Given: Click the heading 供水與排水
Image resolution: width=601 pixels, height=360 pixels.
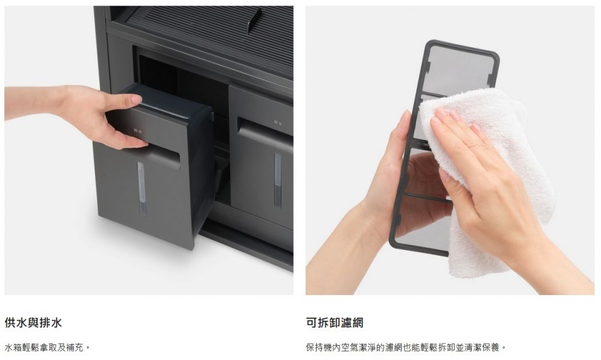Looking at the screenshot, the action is (33, 323).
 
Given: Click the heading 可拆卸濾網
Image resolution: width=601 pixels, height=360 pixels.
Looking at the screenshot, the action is (335, 323).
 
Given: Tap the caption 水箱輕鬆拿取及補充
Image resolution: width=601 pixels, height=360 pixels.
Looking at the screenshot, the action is (47, 348).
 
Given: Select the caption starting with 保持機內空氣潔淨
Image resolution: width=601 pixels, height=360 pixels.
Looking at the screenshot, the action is (406, 348).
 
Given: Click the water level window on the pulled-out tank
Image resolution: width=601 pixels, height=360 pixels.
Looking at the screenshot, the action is (141, 188).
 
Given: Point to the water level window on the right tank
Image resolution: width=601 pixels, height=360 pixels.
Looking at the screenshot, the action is (278, 180).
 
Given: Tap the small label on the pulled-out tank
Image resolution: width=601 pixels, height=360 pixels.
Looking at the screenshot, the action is (138, 131).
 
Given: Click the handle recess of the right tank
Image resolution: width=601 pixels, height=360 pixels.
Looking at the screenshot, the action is (265, 132).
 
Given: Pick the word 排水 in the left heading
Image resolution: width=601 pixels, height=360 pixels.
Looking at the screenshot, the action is (50, 323).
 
